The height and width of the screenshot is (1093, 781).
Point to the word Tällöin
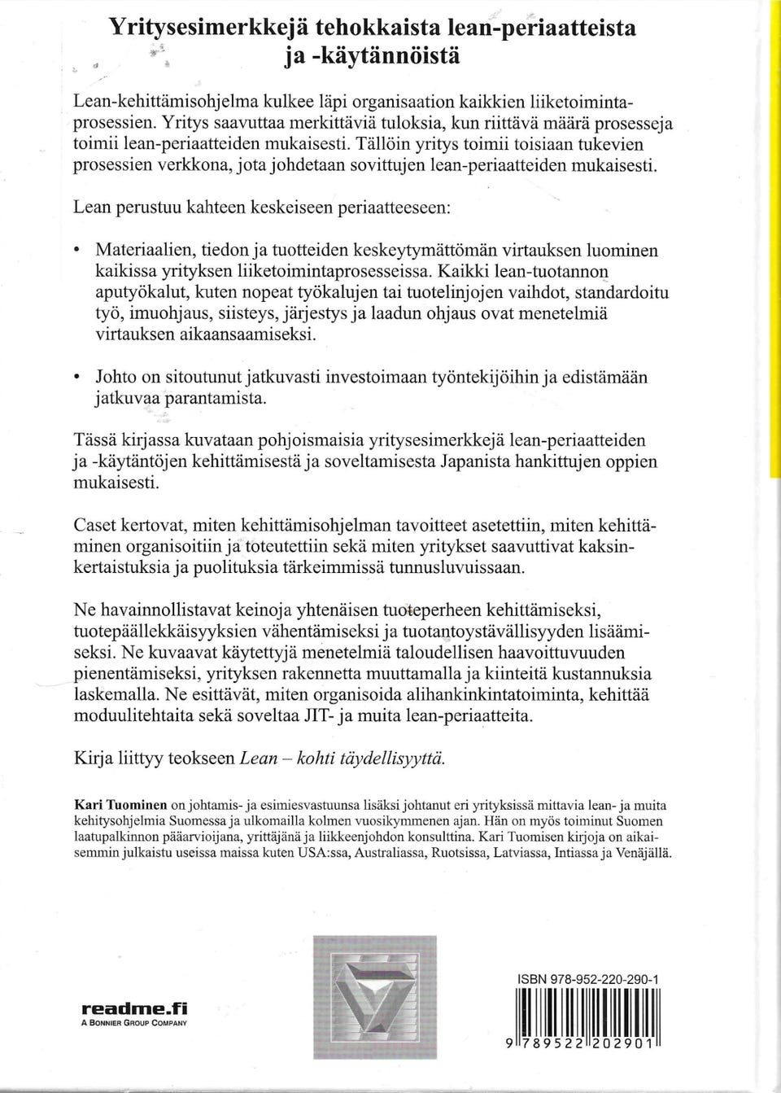click(x=380, y=144)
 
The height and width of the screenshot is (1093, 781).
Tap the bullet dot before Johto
click(x=76, y=378)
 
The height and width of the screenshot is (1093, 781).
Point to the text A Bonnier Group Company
click(x=133, y=1023)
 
